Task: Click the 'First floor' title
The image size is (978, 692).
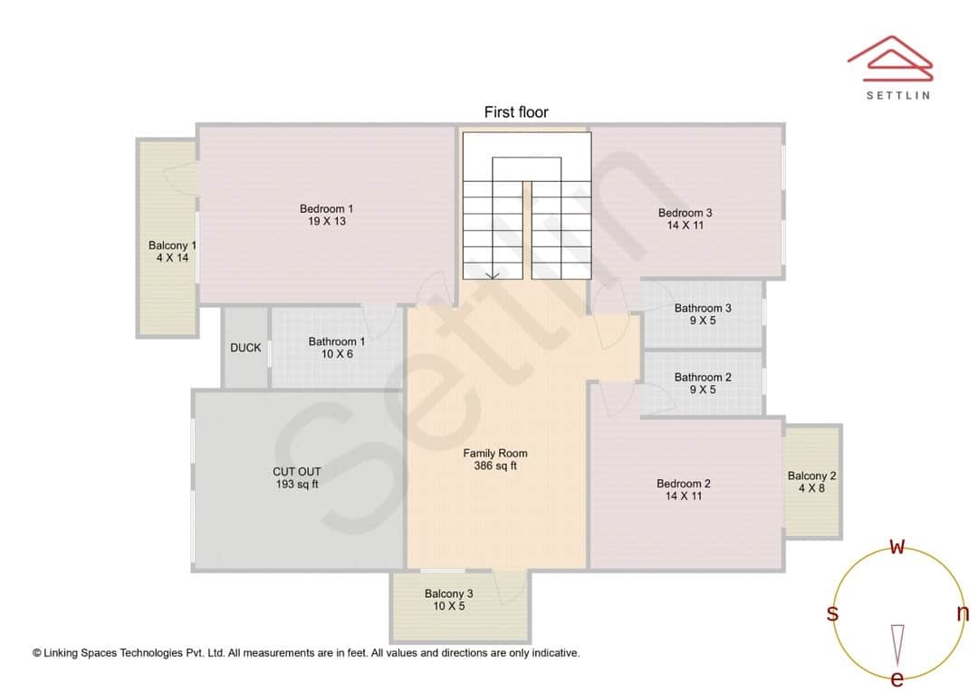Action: pos(516,112)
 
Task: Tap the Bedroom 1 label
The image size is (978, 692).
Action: pos(327,209)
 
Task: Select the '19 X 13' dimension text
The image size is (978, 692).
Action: pos(327,221)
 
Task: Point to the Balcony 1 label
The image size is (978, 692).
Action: pos(172,245)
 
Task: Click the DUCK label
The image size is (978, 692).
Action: pos(245,348)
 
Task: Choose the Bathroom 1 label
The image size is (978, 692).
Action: pos(337,341)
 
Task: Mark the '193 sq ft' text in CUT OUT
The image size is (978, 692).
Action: pos(297,485)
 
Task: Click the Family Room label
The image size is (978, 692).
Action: pos(495,454)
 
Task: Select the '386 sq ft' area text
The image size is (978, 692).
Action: pos(495,466)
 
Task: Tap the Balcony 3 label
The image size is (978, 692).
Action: pos(449,594)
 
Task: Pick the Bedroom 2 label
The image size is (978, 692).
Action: pos(684,484)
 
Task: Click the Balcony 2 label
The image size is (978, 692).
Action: pos(811,476)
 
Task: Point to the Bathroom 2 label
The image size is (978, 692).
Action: pos(703,378)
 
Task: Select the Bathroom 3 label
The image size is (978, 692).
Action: pos(703,308)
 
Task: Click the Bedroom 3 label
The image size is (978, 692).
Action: pos(685,213)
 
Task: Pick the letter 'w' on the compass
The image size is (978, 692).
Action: pos(897,546)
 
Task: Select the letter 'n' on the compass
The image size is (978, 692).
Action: pos(963,613)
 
